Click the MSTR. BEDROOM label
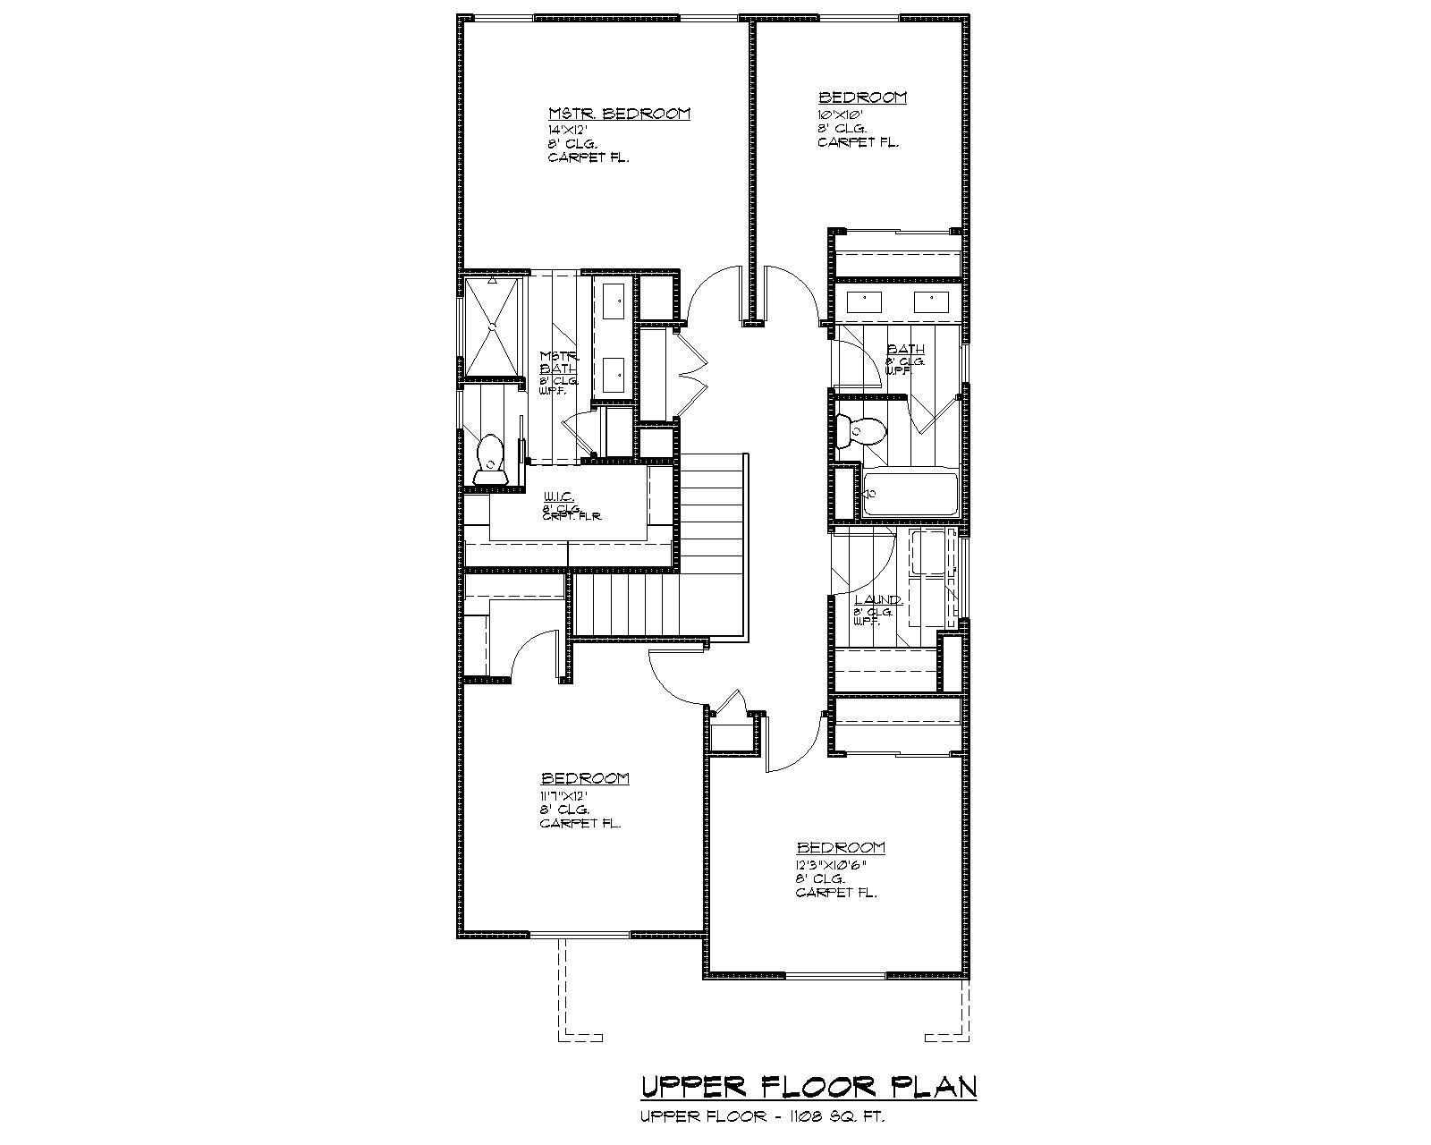click(619, 114)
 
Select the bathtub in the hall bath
click(910, 493)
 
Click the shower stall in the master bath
click(490, 327)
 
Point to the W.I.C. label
click(558, 497)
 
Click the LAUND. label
click(878, 600)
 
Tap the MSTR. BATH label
click(559, 361)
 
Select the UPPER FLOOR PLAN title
click(808, 1087)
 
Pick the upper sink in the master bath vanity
click(614, 301)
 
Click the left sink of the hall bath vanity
click(864, 301)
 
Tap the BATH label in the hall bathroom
click(905, 349)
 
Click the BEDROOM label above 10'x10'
click(862, 97)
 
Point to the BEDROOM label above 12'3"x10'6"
click(841, 847)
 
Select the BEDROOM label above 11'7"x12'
click(584, 778)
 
